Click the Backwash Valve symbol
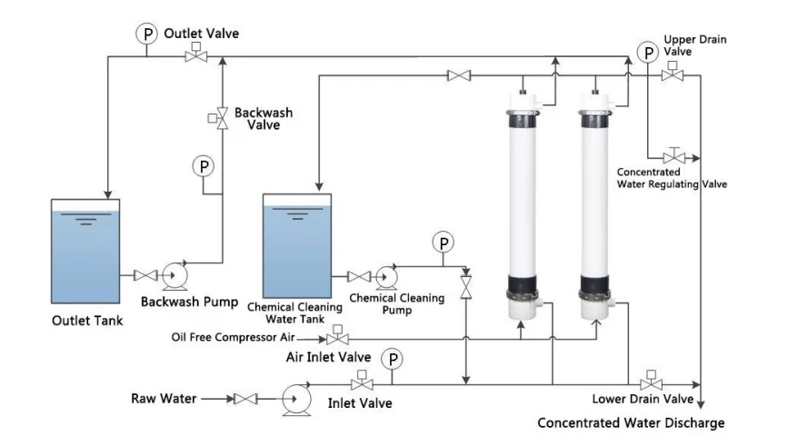221,119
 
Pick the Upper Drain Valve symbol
672,76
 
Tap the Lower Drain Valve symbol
651,382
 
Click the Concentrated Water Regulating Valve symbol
674,156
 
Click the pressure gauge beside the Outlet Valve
146,34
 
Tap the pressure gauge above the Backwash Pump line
203,166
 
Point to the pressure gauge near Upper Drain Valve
647,54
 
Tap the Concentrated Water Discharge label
630,423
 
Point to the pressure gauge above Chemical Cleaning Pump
443,242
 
